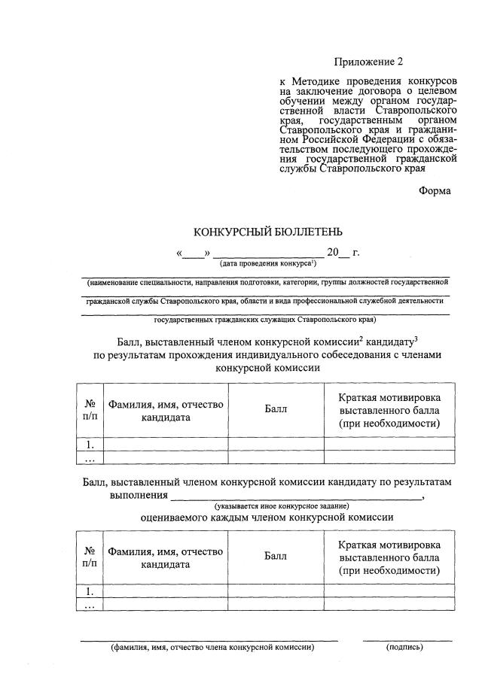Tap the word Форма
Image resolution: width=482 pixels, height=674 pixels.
(x=435, y=191)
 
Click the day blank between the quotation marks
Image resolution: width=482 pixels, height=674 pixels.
(x=194, y=253)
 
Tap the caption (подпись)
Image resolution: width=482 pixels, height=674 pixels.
(x=404, y=646)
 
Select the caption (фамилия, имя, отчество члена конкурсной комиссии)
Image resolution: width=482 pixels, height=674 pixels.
(x=212, y=646)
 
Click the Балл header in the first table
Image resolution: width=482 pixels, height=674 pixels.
(x=276, y=409)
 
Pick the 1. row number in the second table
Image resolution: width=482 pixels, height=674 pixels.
(x=90, y=591)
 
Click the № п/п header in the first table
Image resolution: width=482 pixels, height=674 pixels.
(x=90, y=410)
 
